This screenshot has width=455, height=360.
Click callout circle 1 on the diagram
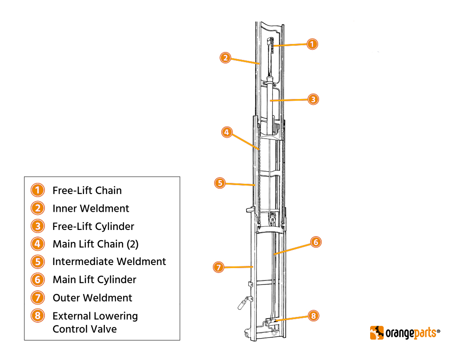312,44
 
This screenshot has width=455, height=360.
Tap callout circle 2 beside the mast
226,57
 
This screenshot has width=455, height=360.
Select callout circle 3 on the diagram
313,99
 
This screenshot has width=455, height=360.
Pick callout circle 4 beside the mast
227,132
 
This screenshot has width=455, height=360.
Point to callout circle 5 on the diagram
220,182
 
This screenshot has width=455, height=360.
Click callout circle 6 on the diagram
315,242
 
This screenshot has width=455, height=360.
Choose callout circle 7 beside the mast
218,267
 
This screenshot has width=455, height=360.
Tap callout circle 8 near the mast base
313,316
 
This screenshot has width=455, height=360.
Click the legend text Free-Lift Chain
87,190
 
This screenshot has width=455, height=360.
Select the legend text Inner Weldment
91,209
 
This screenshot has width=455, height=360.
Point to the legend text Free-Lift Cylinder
93,226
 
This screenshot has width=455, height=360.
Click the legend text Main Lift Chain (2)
96,244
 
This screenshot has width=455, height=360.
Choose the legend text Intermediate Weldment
109,262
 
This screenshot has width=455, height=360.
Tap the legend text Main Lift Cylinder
94,280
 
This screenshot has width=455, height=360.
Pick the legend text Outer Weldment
92,298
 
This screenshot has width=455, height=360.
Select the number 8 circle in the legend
38,316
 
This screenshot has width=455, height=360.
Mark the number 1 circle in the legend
38,190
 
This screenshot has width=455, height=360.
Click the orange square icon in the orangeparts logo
377,332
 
